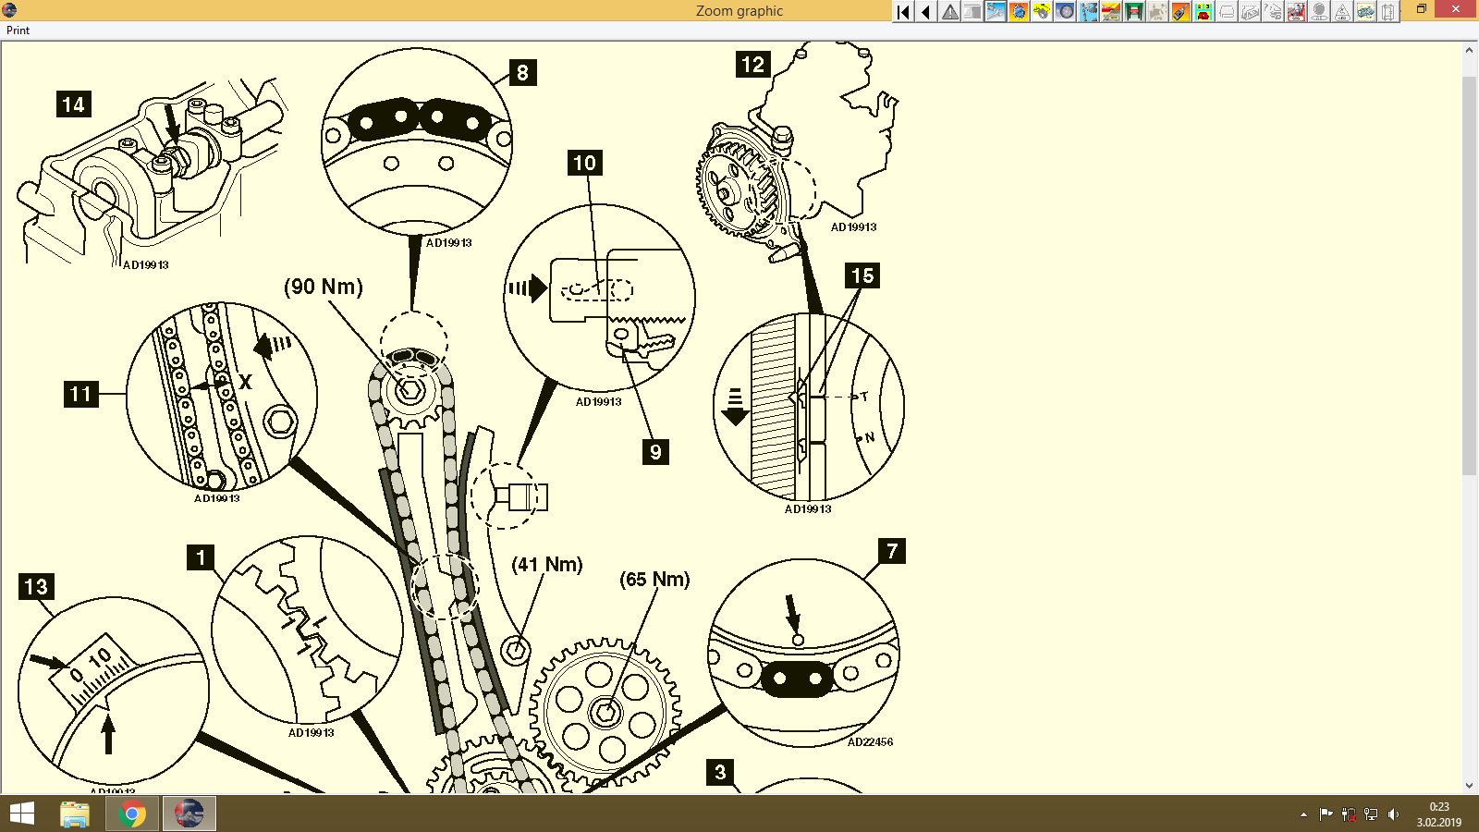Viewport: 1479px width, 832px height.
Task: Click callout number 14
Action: pos(73,104)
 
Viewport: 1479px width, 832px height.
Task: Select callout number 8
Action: pos(522,73)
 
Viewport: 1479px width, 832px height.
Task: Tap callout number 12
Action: pos(752,65)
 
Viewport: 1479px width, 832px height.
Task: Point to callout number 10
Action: pos(584,164)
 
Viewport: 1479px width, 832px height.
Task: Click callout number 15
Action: pos(862,275)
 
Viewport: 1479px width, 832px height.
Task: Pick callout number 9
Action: pos(655,452)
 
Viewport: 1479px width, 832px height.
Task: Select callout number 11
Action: pos(80,395)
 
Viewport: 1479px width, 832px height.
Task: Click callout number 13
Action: pos(36,587)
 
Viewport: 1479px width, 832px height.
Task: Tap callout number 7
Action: pos(891,551)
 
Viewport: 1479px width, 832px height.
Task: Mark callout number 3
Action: pos(720,772)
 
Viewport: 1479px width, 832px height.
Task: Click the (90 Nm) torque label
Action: pos(324,287)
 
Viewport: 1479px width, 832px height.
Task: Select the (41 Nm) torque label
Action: pos(547,565)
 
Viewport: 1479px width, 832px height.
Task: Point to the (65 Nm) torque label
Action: pos(654,580)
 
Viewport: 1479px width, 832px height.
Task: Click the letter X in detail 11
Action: pos(245,382)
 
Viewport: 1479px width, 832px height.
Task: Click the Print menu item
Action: pos(18,31)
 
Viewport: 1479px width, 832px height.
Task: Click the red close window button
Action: pos(1456,9)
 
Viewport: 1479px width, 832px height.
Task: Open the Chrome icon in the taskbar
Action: pos(132,814)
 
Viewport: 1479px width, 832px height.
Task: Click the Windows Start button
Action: pos(21,814)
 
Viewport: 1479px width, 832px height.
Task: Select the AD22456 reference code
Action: pos(870,741)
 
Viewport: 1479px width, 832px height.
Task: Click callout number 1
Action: pos(201,557)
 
